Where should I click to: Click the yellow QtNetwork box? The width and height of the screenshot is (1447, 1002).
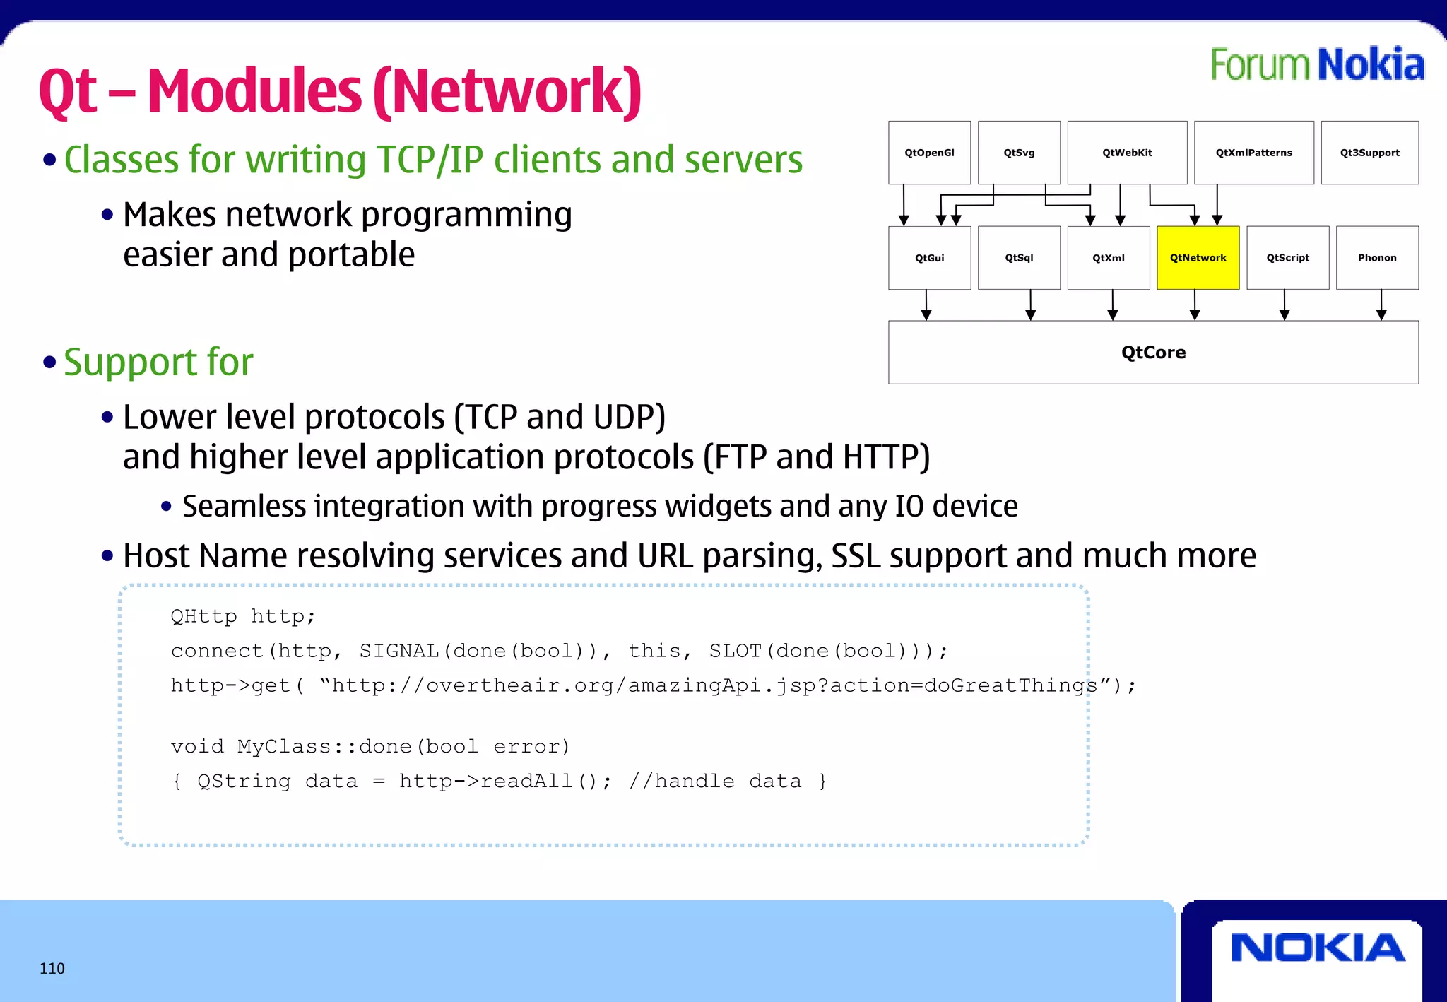click(x=1198, y=258)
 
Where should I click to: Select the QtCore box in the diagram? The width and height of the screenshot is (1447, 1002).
click(x=1153, y=353)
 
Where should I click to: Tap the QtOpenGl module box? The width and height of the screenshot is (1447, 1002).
click(x=929, y=153)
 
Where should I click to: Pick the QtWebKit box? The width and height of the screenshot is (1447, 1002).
click(x=1127, y=153)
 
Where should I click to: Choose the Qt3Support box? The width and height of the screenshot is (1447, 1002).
click(x=1369, y=153)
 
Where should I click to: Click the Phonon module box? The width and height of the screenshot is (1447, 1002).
click(x=1377, y=258)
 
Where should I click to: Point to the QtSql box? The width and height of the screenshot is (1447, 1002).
click(x=1019, y=258)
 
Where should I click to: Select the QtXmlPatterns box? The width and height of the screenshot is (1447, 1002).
click(x=1253, y=153)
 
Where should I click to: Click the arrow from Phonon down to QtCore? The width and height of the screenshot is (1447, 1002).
click(x=1381, y=305)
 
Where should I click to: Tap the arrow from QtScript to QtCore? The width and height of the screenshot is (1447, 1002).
click(x=1284, y=305)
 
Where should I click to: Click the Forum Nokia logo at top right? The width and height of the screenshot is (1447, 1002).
click(x=1317, y=65)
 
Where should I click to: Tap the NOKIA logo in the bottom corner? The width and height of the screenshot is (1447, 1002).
click(x=1317, y=948)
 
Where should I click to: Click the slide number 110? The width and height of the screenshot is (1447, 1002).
click(x=52, y=969)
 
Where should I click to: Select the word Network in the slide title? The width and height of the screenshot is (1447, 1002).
click(x=507, y=92)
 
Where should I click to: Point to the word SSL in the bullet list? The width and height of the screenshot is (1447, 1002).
click(x=856, y=556)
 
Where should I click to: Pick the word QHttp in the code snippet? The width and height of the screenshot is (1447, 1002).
click(x=203, y=616)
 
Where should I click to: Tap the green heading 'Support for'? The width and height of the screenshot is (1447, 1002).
click(x=158, y=363)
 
